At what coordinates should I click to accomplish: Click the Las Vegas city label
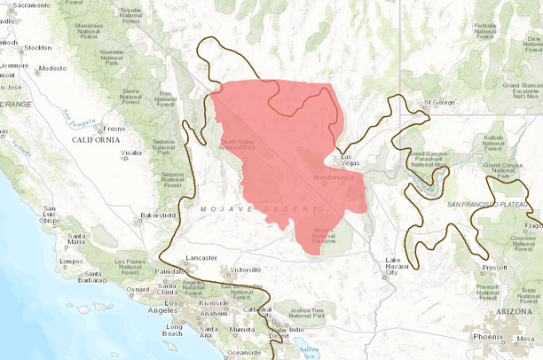point(351,160)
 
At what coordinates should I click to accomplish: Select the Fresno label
point(113,129)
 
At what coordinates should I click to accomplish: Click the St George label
point(440,102)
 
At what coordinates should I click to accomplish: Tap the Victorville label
point(246,269)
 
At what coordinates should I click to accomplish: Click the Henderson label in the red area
point(333,177)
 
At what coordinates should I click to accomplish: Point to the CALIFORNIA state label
point(96,139)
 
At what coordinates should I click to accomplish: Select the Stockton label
point(38,47)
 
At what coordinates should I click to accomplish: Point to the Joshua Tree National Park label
point(306,313)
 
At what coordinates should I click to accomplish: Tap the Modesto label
point(53,68)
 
